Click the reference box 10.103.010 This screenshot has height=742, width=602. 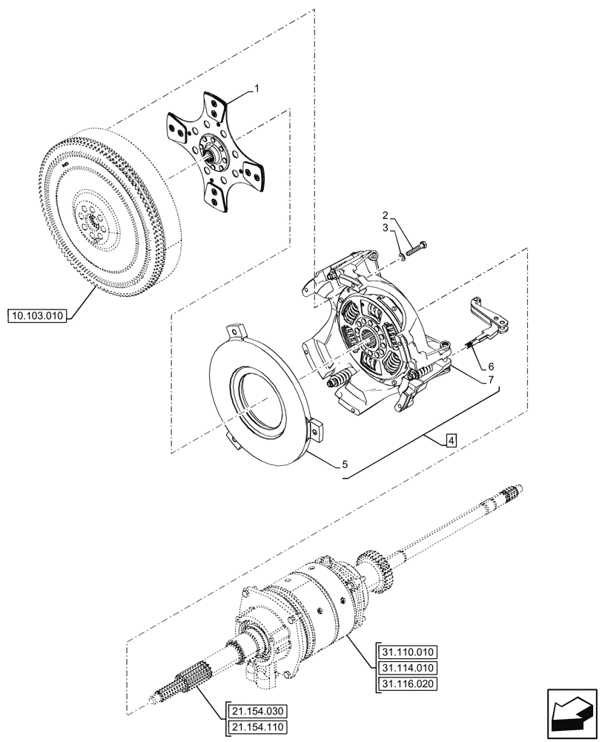(x=38, y=316)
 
